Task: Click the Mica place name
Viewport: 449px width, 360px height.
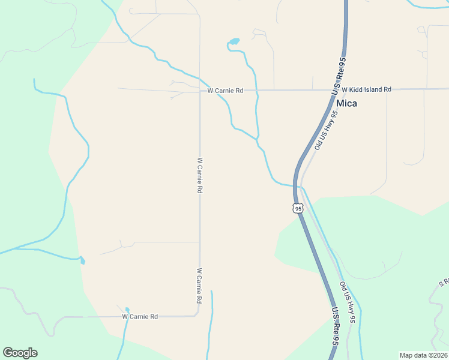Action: click(346, 103)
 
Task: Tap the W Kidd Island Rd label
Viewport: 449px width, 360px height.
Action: click(366, 89)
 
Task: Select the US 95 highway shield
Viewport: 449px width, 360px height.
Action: click(298, 208)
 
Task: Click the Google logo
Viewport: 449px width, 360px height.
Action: click(20, 353)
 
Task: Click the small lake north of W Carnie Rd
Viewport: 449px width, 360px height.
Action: click(234, 42)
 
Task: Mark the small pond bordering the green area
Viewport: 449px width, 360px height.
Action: click(82, 260)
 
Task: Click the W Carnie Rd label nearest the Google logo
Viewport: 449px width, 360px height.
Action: click(139, 316)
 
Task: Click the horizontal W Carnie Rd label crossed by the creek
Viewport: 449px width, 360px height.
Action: click(225, 91)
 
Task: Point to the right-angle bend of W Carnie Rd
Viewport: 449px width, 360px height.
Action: click(198, 314)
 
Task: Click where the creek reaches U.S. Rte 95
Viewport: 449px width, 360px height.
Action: click(295, 186)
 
